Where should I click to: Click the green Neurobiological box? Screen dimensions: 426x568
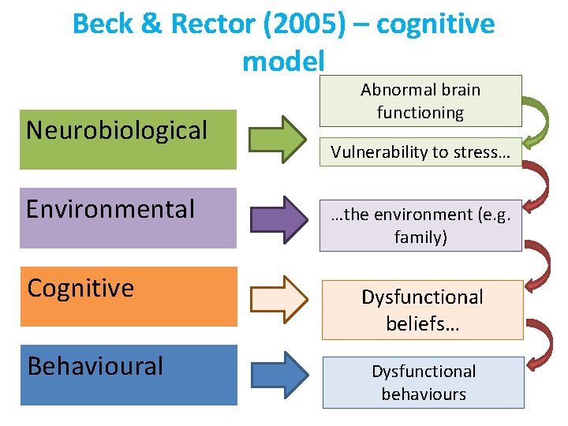click(x=128, y=140)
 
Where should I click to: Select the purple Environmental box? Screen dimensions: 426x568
click(x=128, y=218)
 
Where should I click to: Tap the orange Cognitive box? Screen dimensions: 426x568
click(x=128, y=297)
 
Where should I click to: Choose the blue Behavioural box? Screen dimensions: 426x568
click(x=128, y=375)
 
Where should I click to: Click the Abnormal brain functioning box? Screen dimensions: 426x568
click(x=420, y=101)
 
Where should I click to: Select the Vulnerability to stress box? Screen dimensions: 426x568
click(x=420, y=152)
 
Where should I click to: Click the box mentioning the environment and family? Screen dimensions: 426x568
click(x=420, y=226)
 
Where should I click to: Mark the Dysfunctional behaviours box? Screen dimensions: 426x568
click(x=424, y=383)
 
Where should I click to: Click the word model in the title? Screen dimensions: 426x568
click(x=283, y=60)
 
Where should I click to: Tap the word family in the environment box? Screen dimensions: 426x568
click(x=420, y=237)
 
